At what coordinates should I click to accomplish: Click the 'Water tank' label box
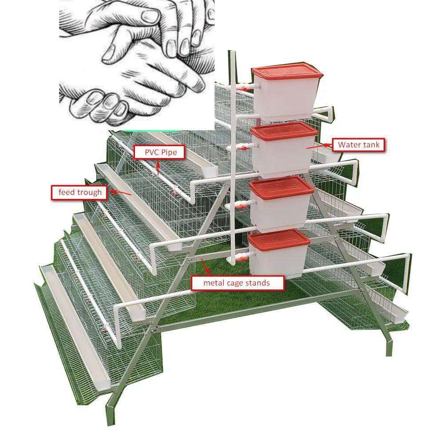point(358,145)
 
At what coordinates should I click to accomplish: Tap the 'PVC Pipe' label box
point(160,152)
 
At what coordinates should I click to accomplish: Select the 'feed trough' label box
point(79,193)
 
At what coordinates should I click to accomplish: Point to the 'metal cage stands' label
point(237,282)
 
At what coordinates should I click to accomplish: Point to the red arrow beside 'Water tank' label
point(318,146)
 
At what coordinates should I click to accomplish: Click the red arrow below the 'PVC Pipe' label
point(159,167)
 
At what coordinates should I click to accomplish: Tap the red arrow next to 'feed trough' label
point(120,193)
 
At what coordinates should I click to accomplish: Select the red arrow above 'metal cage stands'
point(205,266)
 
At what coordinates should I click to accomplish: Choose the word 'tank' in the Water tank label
point(371,145)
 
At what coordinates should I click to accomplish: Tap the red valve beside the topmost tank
point(243,88)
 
